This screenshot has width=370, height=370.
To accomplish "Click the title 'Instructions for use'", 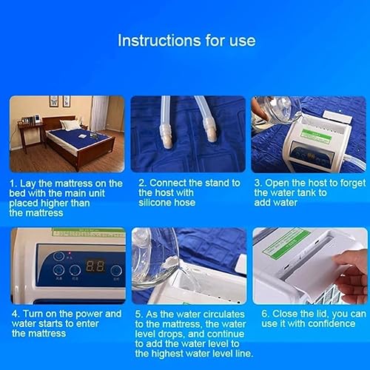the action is [x=186, y=41].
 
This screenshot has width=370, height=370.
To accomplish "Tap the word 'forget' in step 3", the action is [x=353, y=184].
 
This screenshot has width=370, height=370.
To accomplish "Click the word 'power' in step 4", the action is [x=89, y=314].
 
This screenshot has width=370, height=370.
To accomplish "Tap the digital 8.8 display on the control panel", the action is [x=95, y=266].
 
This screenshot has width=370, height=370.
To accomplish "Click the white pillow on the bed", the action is [x=69, y=124].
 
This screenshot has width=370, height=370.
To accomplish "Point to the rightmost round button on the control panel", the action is [x=116, y=271].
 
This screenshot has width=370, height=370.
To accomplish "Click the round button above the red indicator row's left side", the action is [x=58, y=255].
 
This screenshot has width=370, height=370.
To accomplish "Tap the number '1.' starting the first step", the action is [x=13, y=184].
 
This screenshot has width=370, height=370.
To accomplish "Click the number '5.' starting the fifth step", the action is [x=138, y=314].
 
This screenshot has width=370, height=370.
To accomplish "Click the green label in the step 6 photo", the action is [x=286, y=242].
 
